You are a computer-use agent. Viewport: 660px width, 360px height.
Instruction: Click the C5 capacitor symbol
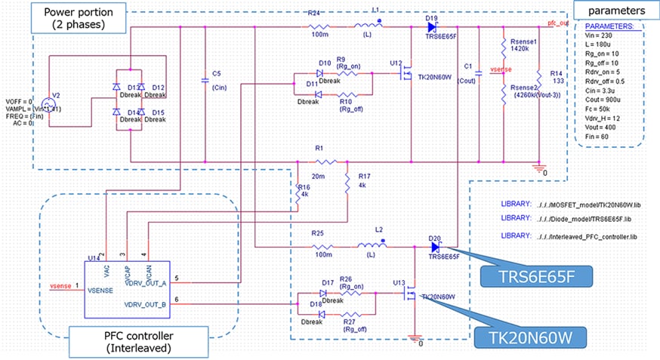coord(205,78)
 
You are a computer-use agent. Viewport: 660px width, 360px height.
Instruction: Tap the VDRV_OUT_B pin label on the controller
coord(146,305)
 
